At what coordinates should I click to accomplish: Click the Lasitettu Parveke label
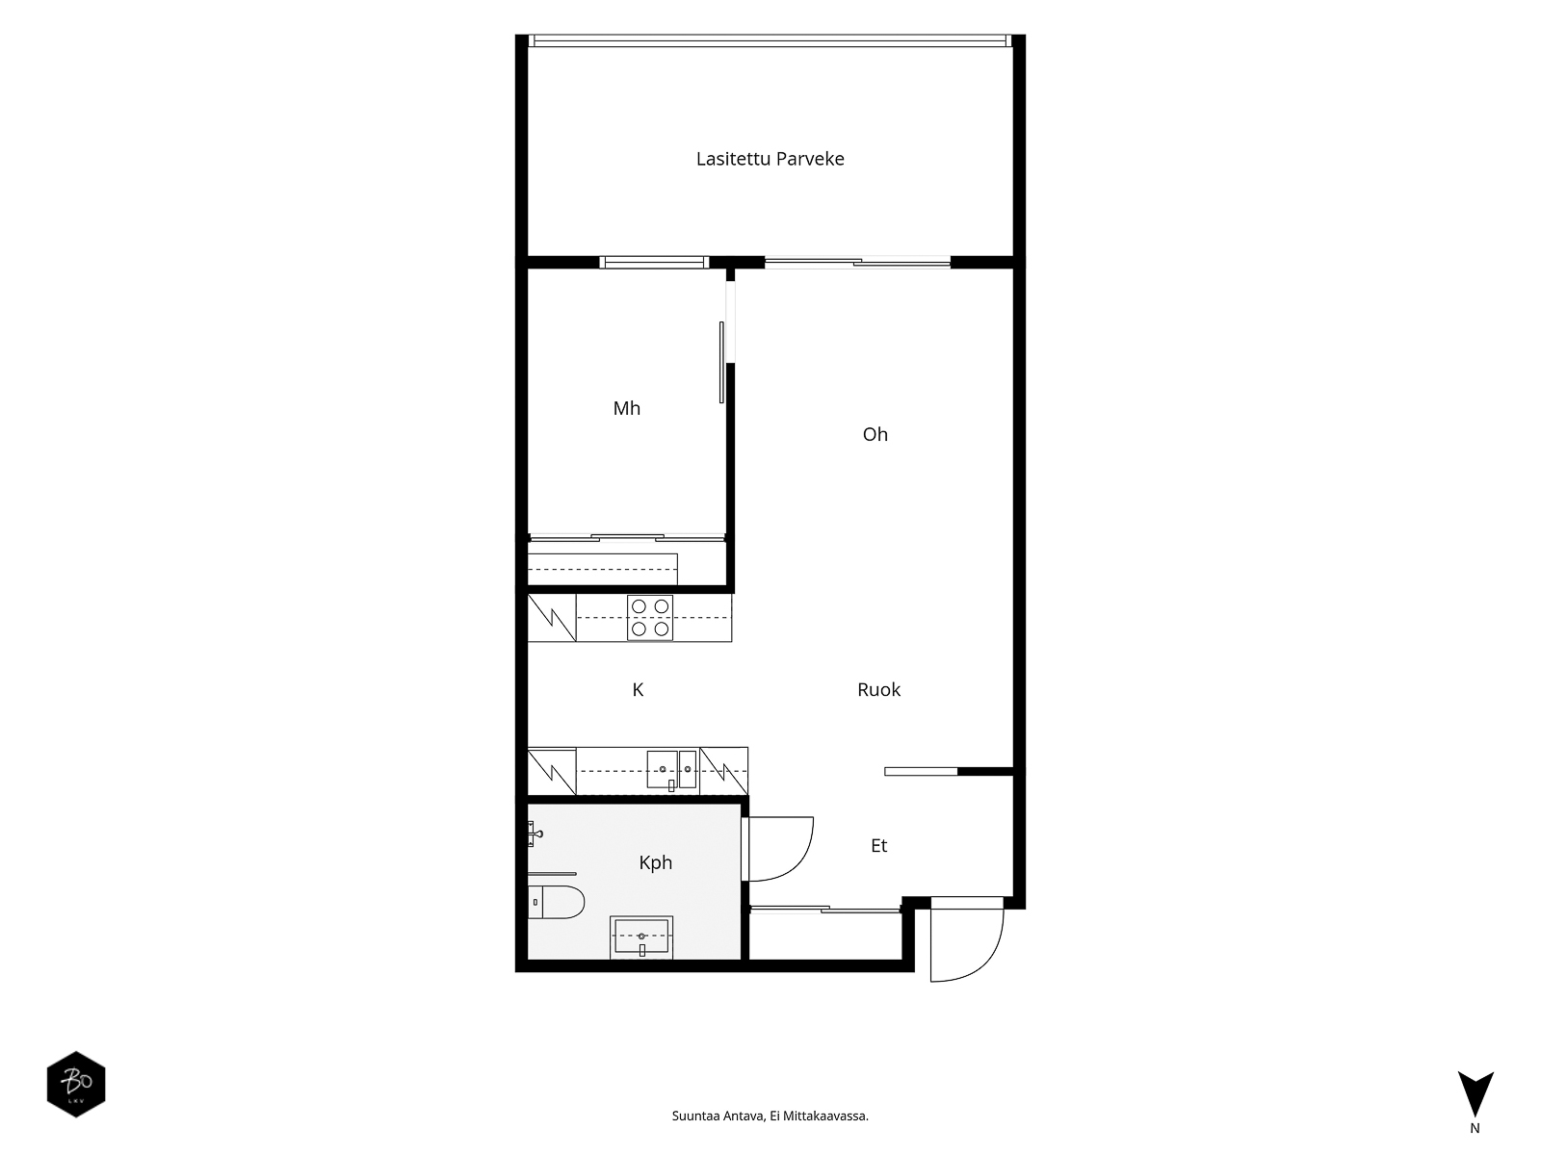point(770,159)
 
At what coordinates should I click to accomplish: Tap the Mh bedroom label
point(626,408)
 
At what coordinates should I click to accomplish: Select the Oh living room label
point(875,434)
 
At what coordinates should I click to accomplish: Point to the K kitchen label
point(638,690)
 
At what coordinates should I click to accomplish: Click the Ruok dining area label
point(878,689)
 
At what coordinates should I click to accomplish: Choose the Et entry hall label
point(878,846)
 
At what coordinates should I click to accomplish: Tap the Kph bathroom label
point(655,862)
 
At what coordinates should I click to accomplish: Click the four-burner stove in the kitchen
point(649,618)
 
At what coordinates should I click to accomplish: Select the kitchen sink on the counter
point(671,770)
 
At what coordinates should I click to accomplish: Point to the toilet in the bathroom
point(556,902)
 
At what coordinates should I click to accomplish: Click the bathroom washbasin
point(641,937)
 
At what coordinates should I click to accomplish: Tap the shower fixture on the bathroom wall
point(535,834)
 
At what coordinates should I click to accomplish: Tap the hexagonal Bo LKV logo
point(76,1084)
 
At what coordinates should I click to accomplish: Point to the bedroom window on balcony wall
point(654,262)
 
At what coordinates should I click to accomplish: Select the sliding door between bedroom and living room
point(721,362)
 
